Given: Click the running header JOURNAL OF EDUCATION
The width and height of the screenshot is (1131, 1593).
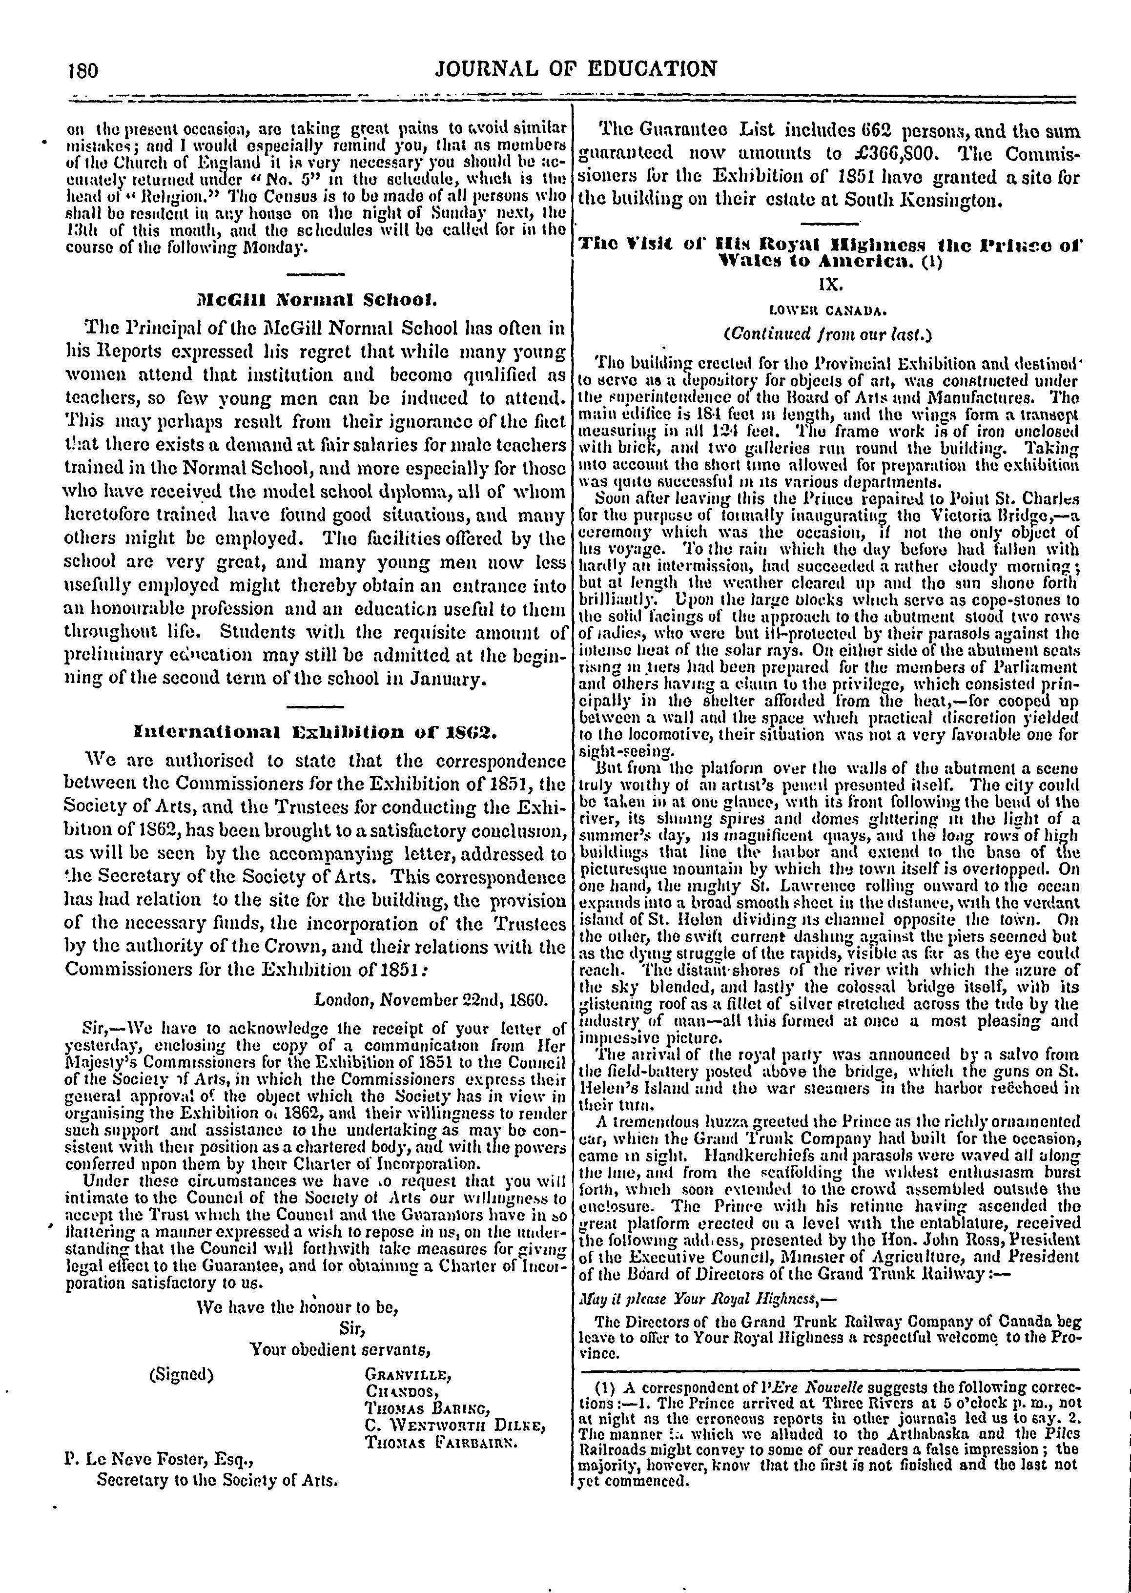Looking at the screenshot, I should click(x=575, y=68).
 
